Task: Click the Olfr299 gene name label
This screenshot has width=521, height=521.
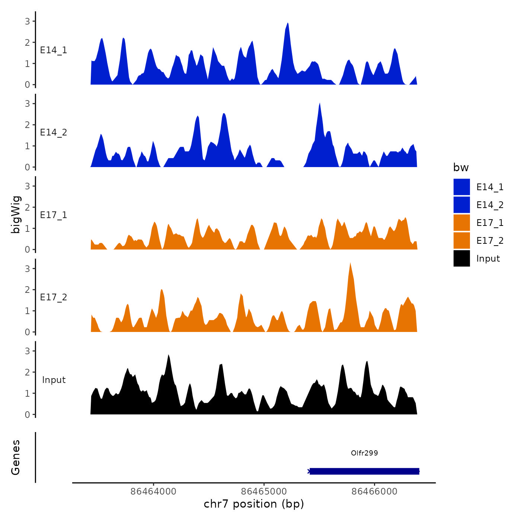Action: tap(364, 453)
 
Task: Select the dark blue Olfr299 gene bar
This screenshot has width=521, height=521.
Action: tap(364, 472)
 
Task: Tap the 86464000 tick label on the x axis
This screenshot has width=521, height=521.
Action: tap(153, 491)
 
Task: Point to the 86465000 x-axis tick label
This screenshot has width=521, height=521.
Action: tap(264, 491)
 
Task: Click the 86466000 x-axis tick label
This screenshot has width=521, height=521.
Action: tap(374, 491)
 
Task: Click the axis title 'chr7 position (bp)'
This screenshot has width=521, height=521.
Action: tap(254, 504)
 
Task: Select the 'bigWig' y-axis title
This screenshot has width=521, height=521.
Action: tap(16, 214)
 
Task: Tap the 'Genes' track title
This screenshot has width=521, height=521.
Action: tap(16, 457)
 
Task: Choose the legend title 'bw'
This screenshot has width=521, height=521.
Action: tap(461, 168)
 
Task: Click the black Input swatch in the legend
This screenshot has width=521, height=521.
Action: tap(461, 258)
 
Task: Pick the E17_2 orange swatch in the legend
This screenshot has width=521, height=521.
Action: tap(461, 240)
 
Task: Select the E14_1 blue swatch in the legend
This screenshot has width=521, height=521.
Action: tap(461, 187)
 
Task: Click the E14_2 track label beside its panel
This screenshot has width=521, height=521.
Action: tap(54, 132)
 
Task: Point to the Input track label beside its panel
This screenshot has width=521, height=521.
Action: tap(54, 380)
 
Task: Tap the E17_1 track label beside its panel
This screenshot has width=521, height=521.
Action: tap(54, 215)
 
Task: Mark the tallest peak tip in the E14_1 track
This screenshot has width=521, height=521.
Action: tap(288, 23)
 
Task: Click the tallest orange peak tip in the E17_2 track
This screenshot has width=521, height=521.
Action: tap(350, 263)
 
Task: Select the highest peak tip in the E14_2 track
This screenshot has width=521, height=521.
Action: tap(320, 103)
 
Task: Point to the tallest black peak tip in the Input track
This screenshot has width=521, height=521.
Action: tap(168, 355)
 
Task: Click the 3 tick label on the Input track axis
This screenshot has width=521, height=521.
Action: tap(27, 351)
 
